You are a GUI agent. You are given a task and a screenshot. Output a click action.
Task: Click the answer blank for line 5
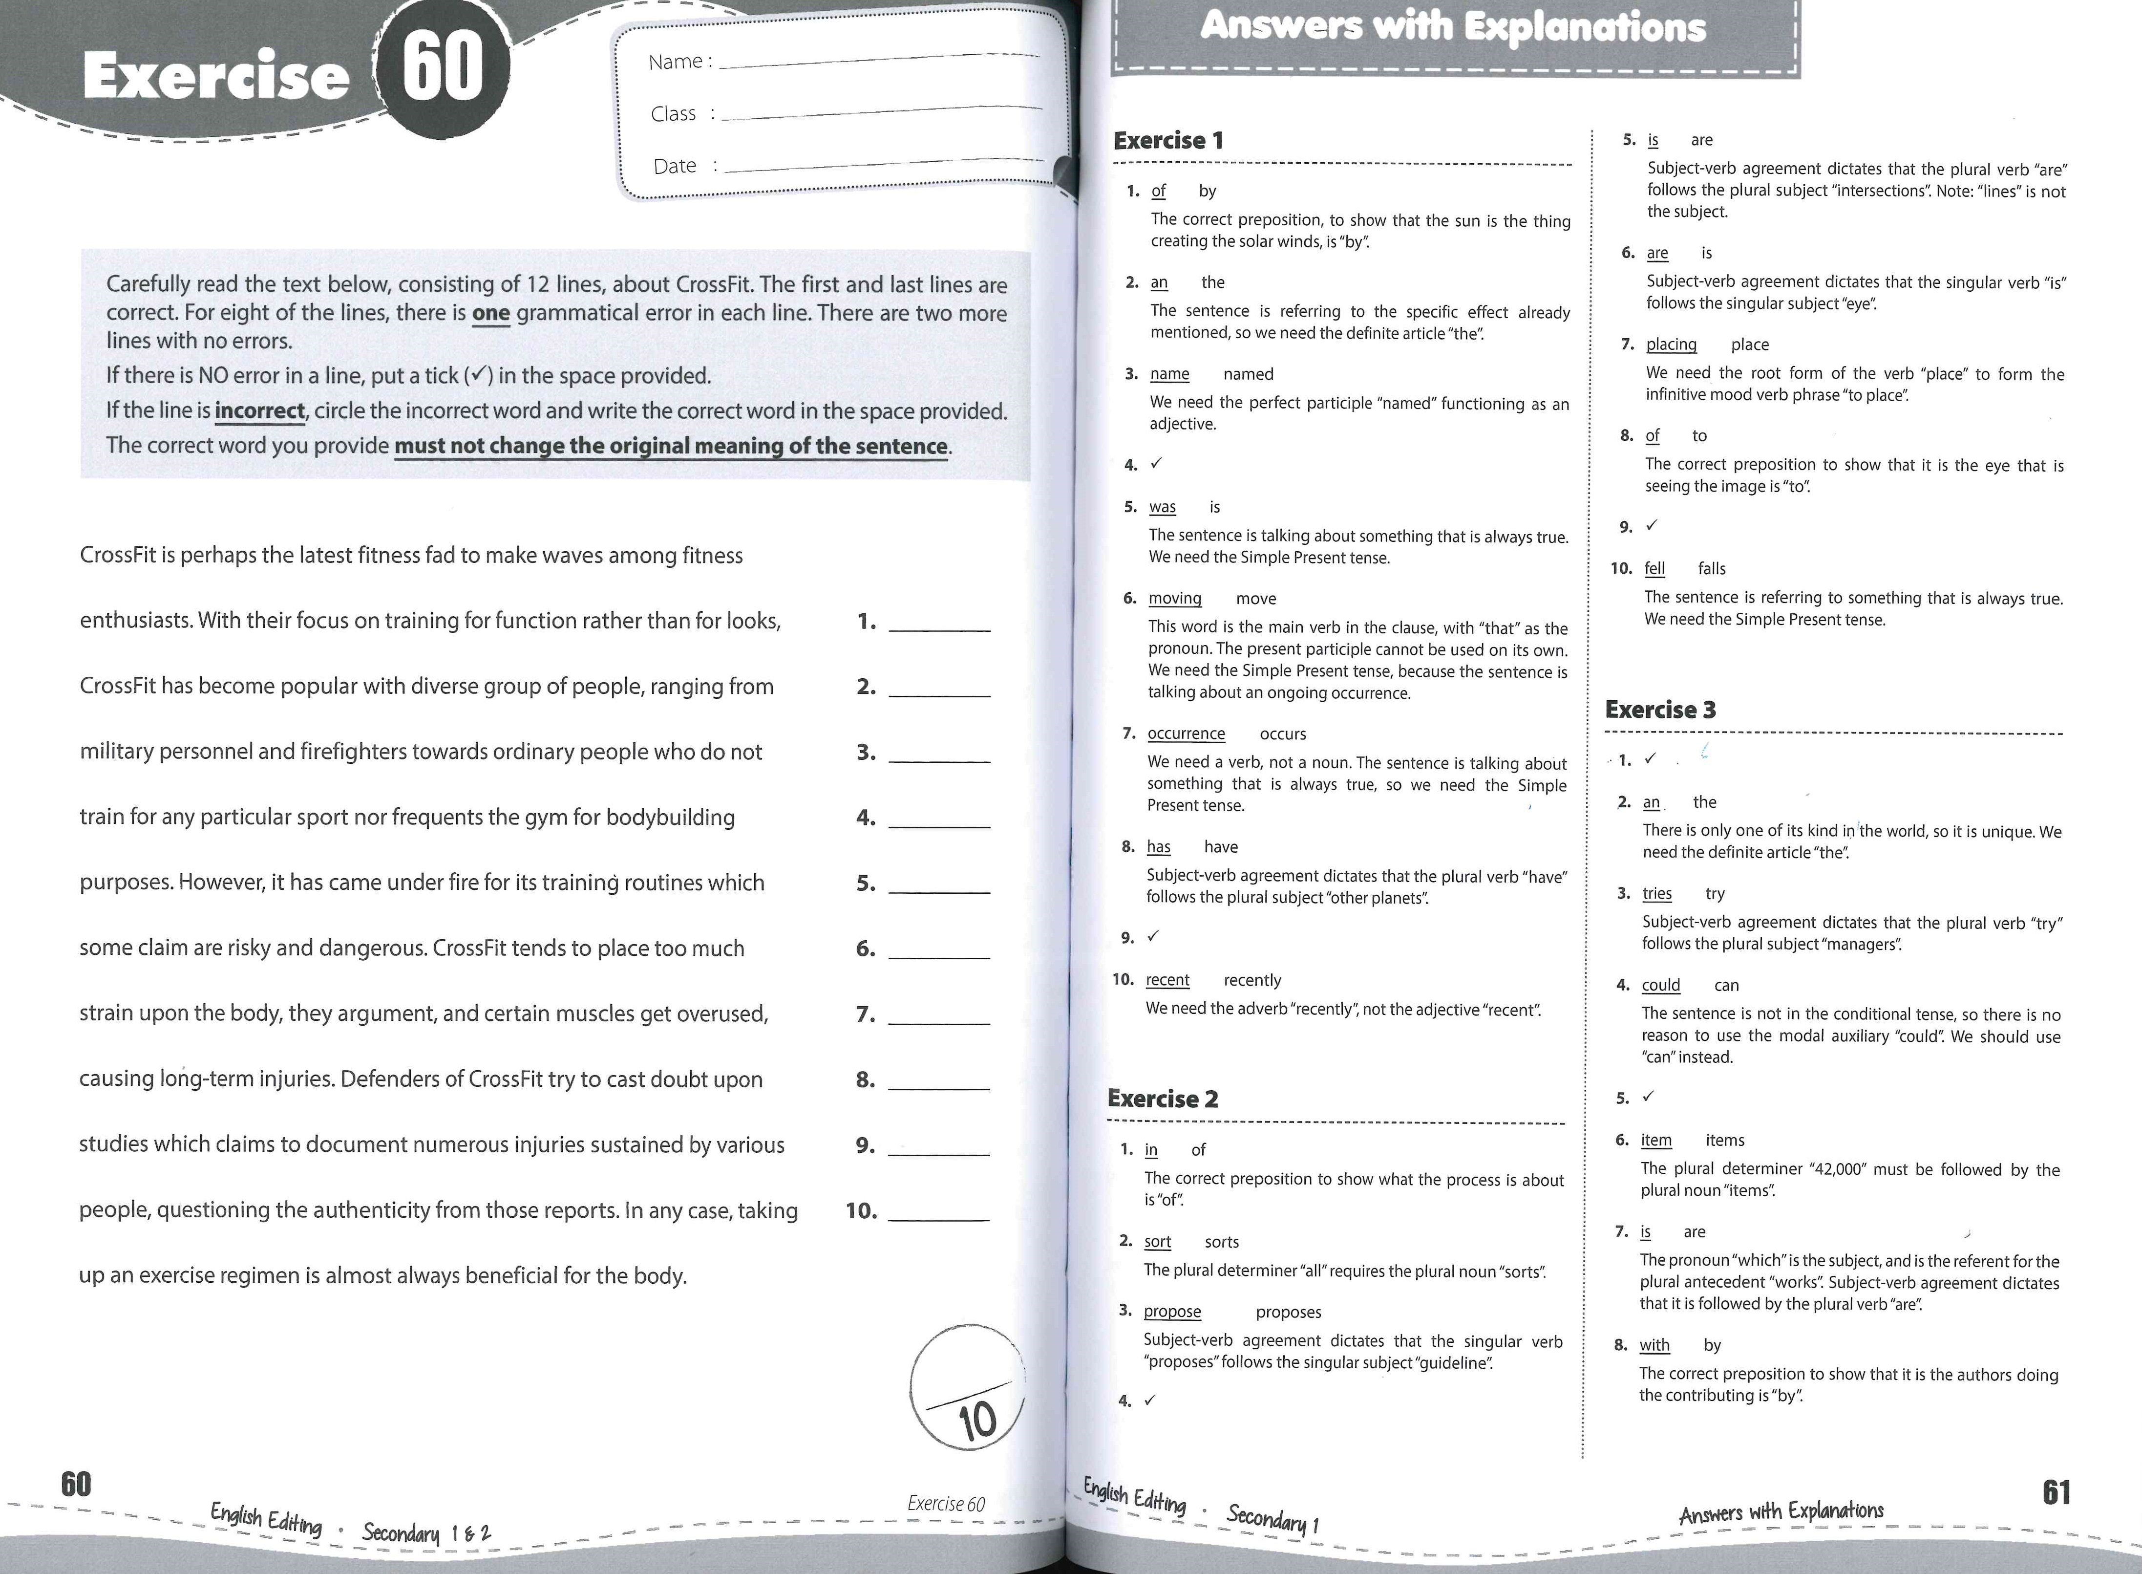pos(938,885)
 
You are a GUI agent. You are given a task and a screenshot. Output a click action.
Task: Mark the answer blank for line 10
pos(938,1213)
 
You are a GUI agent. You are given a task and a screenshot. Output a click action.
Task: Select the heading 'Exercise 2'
pos(1162,1099)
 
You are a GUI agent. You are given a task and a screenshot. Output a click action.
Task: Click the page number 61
pos(2057,1492)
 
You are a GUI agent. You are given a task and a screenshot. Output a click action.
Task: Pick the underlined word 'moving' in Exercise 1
pos(1174,598)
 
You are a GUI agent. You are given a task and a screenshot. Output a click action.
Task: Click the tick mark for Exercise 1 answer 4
pos(1156,464)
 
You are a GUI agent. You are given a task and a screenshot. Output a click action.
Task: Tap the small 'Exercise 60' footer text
pos(946,1504)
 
